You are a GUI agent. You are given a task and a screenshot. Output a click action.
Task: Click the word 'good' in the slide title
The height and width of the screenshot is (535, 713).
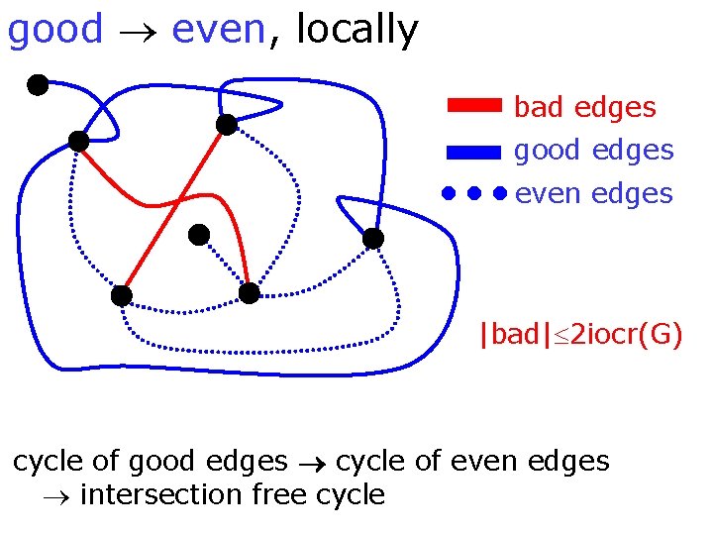point(54,31)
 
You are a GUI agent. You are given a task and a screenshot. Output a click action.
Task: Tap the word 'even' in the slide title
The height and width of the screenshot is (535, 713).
point(218,31)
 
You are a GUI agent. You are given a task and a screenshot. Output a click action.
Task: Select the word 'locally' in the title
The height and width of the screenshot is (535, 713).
point(356,31)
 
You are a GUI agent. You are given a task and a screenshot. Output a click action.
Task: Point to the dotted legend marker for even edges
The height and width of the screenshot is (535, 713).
point(474,193)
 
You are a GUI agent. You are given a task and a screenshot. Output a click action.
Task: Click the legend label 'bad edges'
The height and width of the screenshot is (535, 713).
point(584,107)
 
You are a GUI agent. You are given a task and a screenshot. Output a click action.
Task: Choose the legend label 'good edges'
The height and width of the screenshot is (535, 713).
point(593,151)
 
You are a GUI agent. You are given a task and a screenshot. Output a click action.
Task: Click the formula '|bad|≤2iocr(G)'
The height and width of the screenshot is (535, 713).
point(579,335)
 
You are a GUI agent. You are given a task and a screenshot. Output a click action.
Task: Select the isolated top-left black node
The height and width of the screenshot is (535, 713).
point(38,85)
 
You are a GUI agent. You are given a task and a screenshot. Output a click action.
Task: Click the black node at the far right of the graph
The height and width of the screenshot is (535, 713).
point(372,239)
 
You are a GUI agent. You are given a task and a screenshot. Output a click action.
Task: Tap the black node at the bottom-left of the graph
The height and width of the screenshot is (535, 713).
point(121,295)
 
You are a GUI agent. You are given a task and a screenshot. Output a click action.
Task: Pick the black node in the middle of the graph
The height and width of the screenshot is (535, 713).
point(199,235)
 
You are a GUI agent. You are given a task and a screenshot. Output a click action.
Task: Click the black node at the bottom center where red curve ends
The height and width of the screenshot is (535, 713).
point(250,293)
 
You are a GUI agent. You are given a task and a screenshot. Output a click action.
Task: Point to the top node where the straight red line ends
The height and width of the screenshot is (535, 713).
point(227,125)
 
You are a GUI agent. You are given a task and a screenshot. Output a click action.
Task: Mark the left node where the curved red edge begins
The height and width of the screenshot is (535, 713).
point(78,142)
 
